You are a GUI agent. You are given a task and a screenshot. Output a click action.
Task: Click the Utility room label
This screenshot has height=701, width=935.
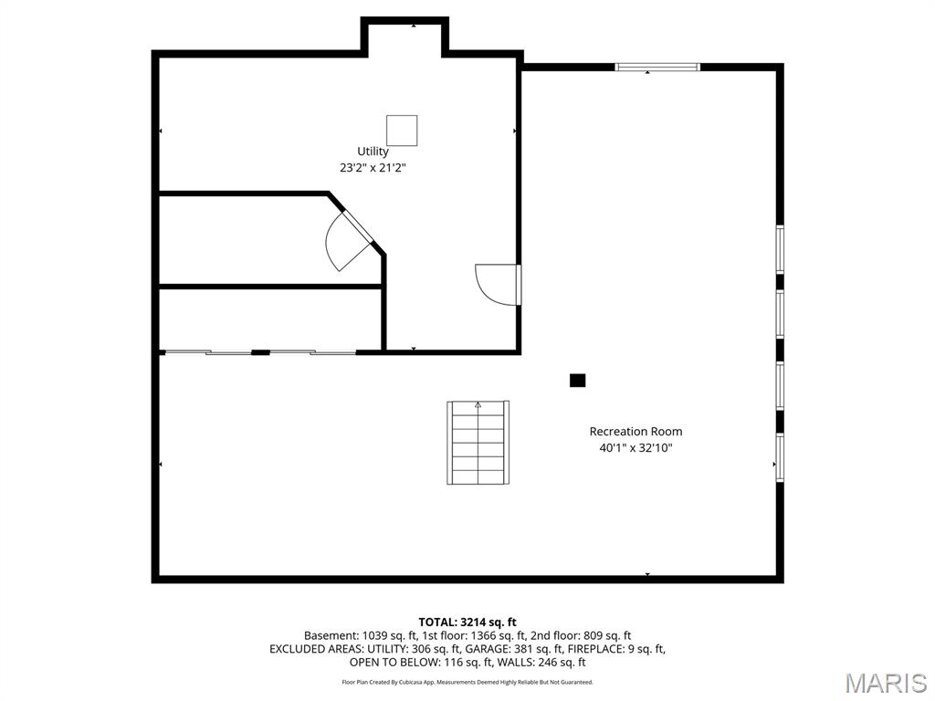pos(373,152)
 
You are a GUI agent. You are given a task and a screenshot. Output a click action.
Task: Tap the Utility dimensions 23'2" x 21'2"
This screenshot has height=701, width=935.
pos(373,168)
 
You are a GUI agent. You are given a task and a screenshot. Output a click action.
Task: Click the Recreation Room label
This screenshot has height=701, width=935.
pos(636,432)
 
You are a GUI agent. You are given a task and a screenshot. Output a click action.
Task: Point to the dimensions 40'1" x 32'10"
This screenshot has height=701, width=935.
pos(636,447)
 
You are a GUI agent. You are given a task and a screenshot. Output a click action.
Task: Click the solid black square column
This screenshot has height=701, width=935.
pos(577,381)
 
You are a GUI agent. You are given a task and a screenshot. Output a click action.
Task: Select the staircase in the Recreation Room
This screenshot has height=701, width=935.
pos(478,443)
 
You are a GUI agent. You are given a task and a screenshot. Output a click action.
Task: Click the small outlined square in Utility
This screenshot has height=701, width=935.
pos(402,131)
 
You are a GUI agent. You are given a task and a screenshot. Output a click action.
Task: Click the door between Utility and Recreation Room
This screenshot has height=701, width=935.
pos(499,285)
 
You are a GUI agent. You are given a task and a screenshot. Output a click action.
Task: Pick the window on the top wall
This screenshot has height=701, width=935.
pos(657,67)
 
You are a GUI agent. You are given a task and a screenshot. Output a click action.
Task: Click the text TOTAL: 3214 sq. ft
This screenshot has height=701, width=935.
pos(467,623)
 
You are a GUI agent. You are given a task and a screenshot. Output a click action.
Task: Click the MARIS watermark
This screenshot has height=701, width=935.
pos(886,683)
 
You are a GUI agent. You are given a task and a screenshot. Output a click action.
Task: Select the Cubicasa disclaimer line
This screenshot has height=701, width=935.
pos(467,682)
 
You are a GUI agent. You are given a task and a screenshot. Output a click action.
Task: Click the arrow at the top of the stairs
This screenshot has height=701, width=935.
pos(478,404)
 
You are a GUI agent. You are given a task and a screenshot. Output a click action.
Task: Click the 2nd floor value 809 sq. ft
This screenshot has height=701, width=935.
pos(607,636)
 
